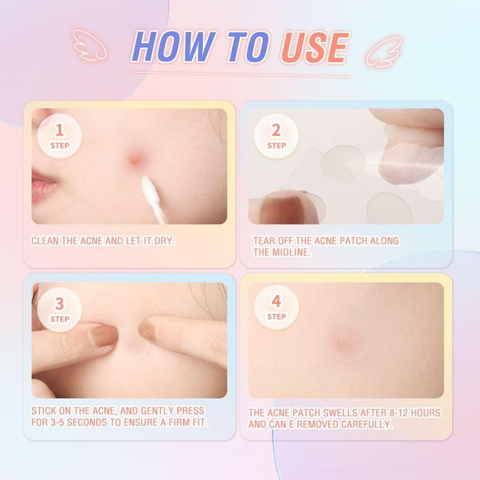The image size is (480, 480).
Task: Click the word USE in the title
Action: tap(313, 48)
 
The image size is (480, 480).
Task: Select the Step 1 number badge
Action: tap(59, 136)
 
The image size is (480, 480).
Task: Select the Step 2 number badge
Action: tap(276, 136)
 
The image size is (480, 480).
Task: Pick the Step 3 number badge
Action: tap(59, 309)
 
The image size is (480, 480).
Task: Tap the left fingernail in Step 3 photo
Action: tap(104, 336)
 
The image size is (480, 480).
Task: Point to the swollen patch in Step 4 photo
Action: tap(343, 342)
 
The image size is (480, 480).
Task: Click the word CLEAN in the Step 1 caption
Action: tap(46, 241)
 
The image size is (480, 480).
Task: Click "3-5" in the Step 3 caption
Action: tap(61, 422)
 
